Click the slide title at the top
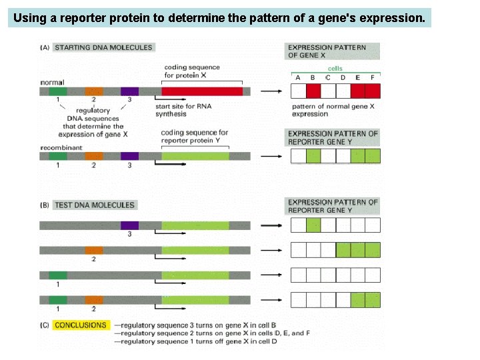click(219, 18)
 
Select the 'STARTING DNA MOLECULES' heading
click(103, 47)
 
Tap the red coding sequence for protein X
click(201, 91)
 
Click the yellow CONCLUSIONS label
click(80, 325)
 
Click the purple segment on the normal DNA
click(129, 91)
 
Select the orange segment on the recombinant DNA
click(94, 156)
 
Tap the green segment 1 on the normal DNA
click(58, 91)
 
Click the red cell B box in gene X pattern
click(313, 91)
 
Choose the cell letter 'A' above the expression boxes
click(298, 78)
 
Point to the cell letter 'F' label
click(373, 78)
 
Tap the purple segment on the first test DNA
click(129, 225)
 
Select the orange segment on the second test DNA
click(94, 251)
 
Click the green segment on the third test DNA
click(58, 275)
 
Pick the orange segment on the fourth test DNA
click(94, 300)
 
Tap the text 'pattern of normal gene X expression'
click(333, 110)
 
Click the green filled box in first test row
click(313, 225)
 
